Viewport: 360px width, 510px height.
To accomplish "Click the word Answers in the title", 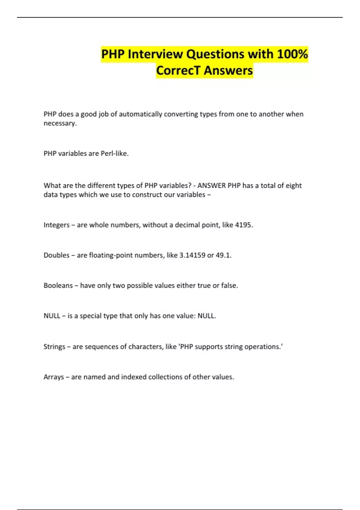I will pyautogui.click(x=228, y=70).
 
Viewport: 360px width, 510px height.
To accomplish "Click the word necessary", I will pyautogui.click(x=60, y=123).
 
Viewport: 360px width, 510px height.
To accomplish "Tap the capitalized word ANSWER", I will pyautogui.click(x=211, y=186).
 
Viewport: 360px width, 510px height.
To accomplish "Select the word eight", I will pyautogui.click(x=293, y=186).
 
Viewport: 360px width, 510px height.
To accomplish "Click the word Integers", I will pyautogui.click(x=56, y=225).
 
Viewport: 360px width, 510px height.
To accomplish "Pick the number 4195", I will pyautogui.click(x=244, y=225).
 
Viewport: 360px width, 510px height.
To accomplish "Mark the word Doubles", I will pyautogui.click(x=56, y=255).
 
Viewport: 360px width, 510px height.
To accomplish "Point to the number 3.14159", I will pyautogui.click(x=192, y=255).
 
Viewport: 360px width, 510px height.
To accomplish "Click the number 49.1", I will pyautogui.click(x=223, y=255).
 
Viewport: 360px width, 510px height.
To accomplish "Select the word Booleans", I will pyautogui.click(x=58, y=286).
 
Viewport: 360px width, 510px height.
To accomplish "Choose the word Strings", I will pyautogui.click(x=54, y=347).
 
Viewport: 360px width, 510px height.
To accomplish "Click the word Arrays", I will pyautogui.click(x=54, y=377).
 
